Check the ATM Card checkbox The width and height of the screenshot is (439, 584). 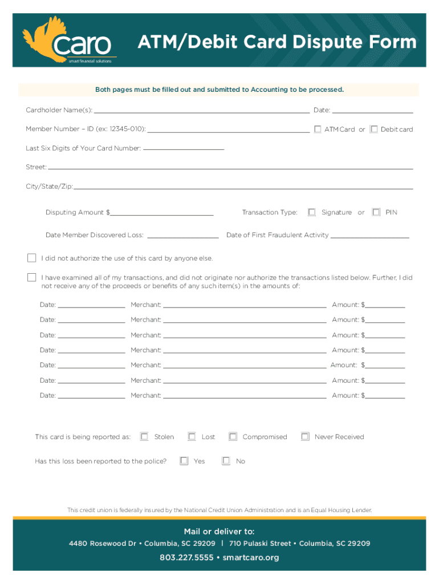pyautogui.click(x=318, y=129)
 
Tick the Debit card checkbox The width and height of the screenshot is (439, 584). pyautogui.click(x=374, y=129)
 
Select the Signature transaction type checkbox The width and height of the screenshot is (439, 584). pyautogui.click(x=312, y=212)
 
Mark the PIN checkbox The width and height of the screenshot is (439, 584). pyautogui.click(x=376, y=212)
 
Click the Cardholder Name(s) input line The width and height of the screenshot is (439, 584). pyautogui.click(x=202, y=110)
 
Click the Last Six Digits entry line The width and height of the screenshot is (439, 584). pyautogui.click(x=184, y=148)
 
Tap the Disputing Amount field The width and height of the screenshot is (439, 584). pyautogui.click(x=162, y=213)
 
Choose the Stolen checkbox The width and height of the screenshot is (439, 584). pyautogui.click(x=144, y=437)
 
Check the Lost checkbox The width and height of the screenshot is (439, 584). pyautogui.click(x=192, y=437)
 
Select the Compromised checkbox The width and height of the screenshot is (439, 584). pyautogui.click(x=233, y=437)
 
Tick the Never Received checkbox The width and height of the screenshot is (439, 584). pyautogui.click(x=305, y=437)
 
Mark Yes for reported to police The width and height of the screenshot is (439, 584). pyautogui.click(x=184, y=461)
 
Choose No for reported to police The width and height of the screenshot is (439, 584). pyautogui.click(x=226, y=461)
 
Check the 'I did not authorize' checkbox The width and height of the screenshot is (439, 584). pyautogui.click(x=32, y=258)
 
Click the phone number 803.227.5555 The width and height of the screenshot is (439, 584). pyautogui.click(x=186, y=557)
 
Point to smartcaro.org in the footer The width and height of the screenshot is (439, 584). pyautogui.click(x=251, y=557)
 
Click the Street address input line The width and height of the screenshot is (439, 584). pyautogui.click(x=230, y=167)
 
